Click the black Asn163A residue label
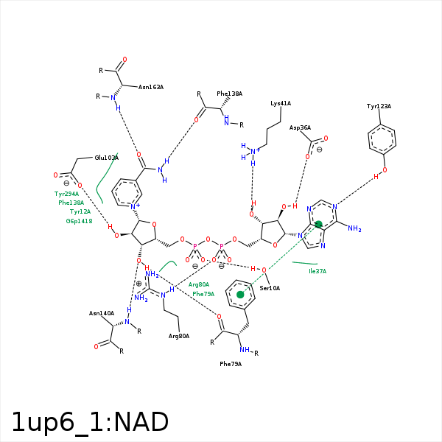pos(150,87)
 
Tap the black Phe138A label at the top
pos(229,94)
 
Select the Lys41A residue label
pos(281,104)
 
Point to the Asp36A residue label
pos(300,127)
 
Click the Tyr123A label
pos(379,107)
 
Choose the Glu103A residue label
pos(107,158)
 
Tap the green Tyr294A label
pos(66,194)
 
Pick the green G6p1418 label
pos(79,221)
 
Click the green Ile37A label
pos(317,271)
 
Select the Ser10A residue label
pos(270,288)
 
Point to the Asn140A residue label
pos(102,313)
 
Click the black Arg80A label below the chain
pos(179,336)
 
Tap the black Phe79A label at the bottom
pos(231,364)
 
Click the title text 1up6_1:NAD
pos(90,422)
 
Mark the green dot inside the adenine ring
pos(319,224)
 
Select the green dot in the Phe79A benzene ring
pos(240,295)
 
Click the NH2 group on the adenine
pos(354,229)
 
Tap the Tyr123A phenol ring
pos(382,138)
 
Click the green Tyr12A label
pos(80,211)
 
